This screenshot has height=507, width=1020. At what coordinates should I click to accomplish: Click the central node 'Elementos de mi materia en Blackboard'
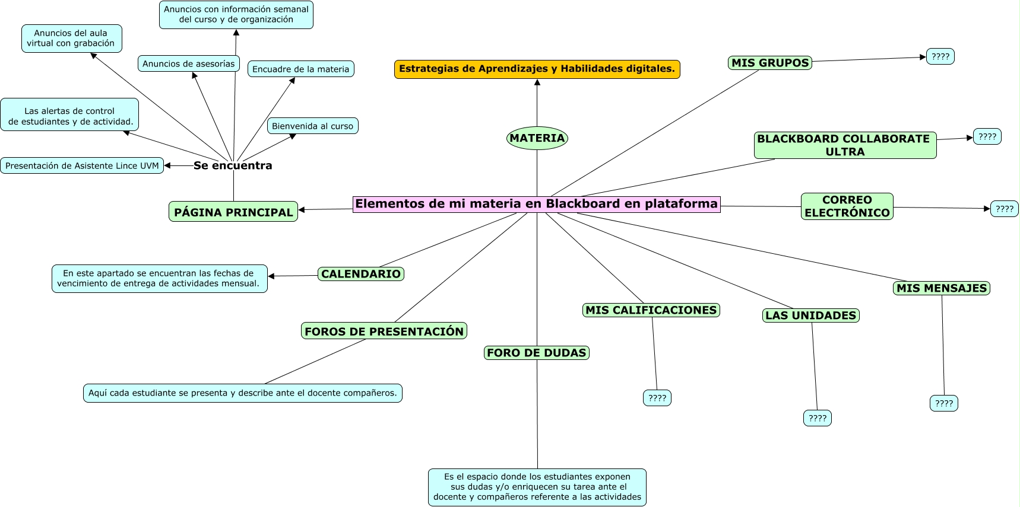tap(536, 204)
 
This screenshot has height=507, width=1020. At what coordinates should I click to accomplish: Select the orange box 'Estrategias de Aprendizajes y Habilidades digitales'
tap(537, 69)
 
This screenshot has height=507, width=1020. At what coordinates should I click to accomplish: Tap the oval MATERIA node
tap(537, 138)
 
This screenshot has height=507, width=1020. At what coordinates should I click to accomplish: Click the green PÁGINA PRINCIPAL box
tap(233, 212)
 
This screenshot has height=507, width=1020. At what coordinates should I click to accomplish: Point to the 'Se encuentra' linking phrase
tap(233, 165)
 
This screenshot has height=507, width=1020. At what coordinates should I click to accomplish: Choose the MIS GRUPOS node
tap(769, 63)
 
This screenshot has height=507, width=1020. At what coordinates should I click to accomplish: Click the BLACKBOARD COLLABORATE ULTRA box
tap(844, 145)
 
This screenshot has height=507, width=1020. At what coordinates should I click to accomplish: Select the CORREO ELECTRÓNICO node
tap(847, 206)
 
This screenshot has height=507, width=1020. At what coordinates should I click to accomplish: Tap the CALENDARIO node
tap(361, 274)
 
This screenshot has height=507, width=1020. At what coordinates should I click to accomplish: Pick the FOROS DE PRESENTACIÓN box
tap(384, 331)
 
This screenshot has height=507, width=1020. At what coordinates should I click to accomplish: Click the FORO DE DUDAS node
tap(537, 353)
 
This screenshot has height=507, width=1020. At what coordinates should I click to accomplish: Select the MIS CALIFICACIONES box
tap(651, 310)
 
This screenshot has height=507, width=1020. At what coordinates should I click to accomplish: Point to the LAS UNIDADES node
tap(810, 315)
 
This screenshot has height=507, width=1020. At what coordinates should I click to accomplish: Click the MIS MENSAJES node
tap(941, 288)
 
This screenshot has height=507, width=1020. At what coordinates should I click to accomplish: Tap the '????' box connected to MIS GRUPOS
tap(940, 56)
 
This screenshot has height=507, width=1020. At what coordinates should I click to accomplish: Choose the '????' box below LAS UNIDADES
tap(817, 418)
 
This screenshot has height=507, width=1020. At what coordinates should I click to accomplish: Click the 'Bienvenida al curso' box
tap(312, 126)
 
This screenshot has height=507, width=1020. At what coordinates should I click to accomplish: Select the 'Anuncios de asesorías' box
tap(188, 63)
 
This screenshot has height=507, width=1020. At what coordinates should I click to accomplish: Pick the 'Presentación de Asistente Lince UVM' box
tap(82, 165)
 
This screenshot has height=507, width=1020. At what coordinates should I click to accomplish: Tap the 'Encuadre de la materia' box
tap(300, 69)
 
